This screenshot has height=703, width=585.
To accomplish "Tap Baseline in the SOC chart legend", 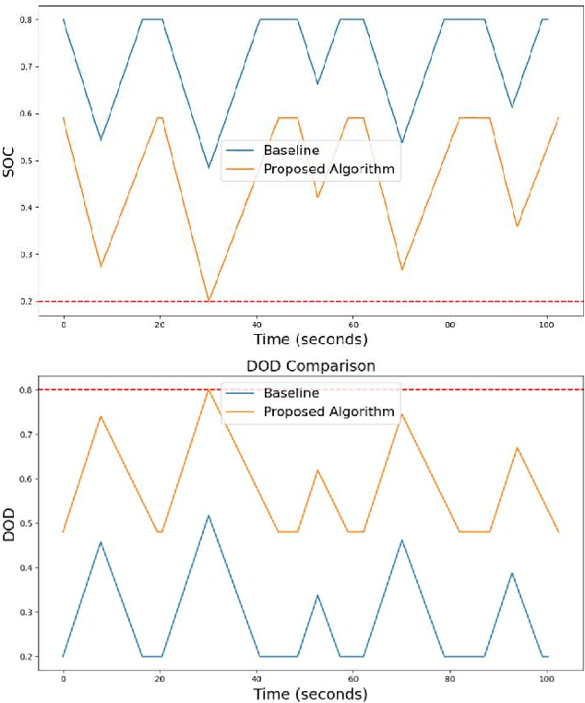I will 292,150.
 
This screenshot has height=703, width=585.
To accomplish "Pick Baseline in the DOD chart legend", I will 292,393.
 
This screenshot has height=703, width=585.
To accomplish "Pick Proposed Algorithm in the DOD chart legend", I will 329,411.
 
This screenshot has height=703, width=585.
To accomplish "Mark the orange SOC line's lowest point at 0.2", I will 209,301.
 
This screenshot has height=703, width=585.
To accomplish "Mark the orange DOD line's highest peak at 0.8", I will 209,389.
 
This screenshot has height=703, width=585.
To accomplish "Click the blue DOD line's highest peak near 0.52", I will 209,515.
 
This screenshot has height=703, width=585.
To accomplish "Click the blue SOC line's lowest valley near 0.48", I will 209,168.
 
